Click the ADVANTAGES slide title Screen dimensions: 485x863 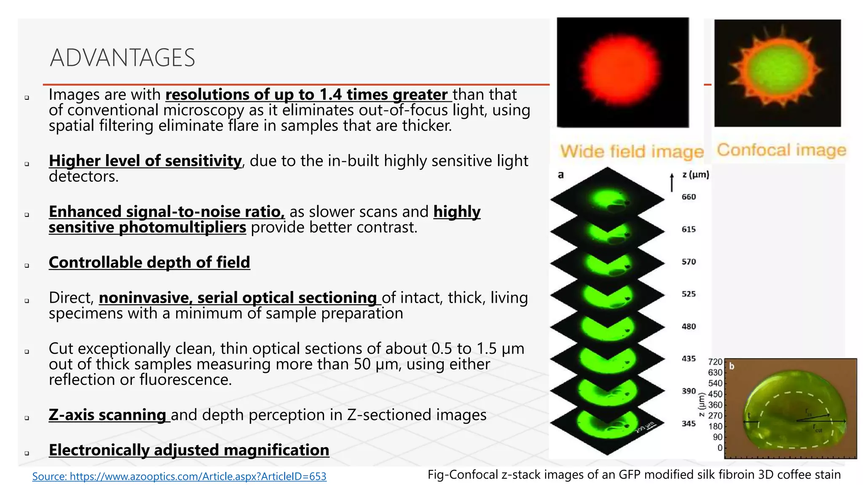122,58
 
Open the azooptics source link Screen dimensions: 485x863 179,476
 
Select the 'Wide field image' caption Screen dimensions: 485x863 632,152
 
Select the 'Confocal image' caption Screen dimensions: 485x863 782,150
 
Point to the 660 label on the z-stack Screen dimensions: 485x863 689,197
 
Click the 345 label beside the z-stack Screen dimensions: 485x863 689,424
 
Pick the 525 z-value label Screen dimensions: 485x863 689,294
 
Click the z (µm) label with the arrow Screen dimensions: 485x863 695,175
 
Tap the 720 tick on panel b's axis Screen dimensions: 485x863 715,362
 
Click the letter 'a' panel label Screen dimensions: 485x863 560,175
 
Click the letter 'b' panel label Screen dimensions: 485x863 732,366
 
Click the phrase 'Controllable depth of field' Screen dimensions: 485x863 149,262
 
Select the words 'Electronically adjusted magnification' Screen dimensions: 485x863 189,450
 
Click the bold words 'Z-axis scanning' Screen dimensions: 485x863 107,415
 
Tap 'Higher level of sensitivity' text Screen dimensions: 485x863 145,161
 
